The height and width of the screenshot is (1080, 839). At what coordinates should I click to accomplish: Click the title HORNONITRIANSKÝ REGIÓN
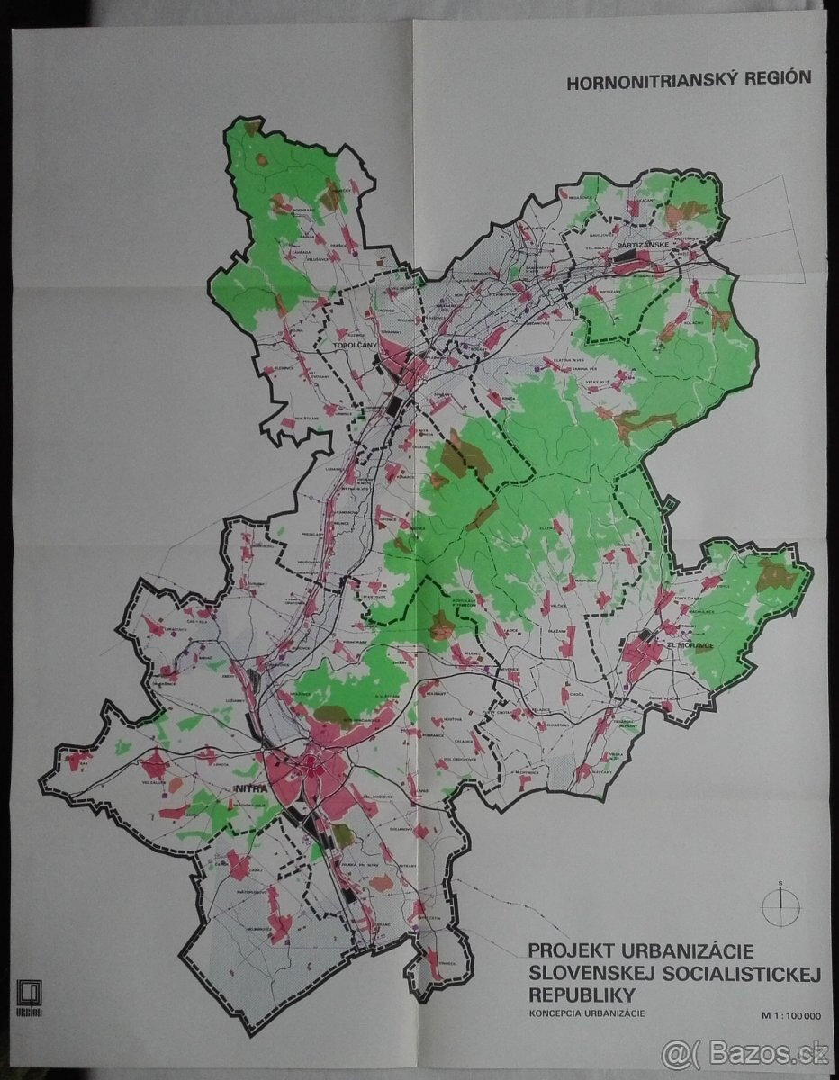click(688, 78)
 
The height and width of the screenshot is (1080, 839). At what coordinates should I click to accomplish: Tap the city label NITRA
click(247, 789)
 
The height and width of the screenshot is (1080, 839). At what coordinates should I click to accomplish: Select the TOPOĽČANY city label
click(354, 346)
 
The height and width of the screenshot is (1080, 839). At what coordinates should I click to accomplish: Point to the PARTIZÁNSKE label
click(640, 244)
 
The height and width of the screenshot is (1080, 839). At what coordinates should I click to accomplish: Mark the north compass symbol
click(780, 902)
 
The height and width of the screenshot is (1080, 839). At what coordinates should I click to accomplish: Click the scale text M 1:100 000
click(789, 1016)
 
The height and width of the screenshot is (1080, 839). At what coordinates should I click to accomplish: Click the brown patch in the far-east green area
click(772, 572)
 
